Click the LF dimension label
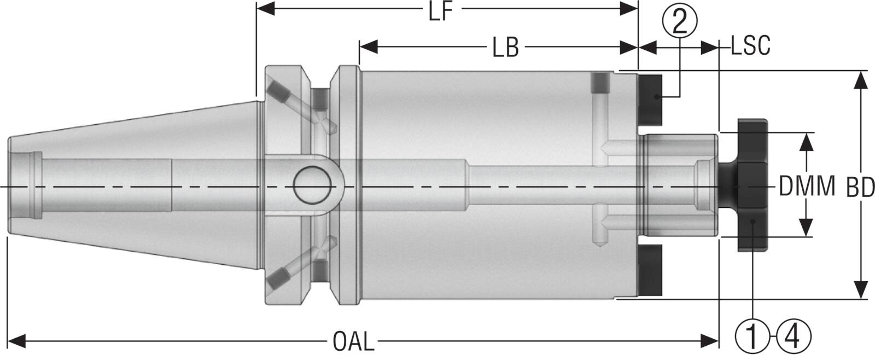[441, 12]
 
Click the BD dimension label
[860, 188]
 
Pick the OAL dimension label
[354, 343]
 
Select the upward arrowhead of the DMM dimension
[806, 141]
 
